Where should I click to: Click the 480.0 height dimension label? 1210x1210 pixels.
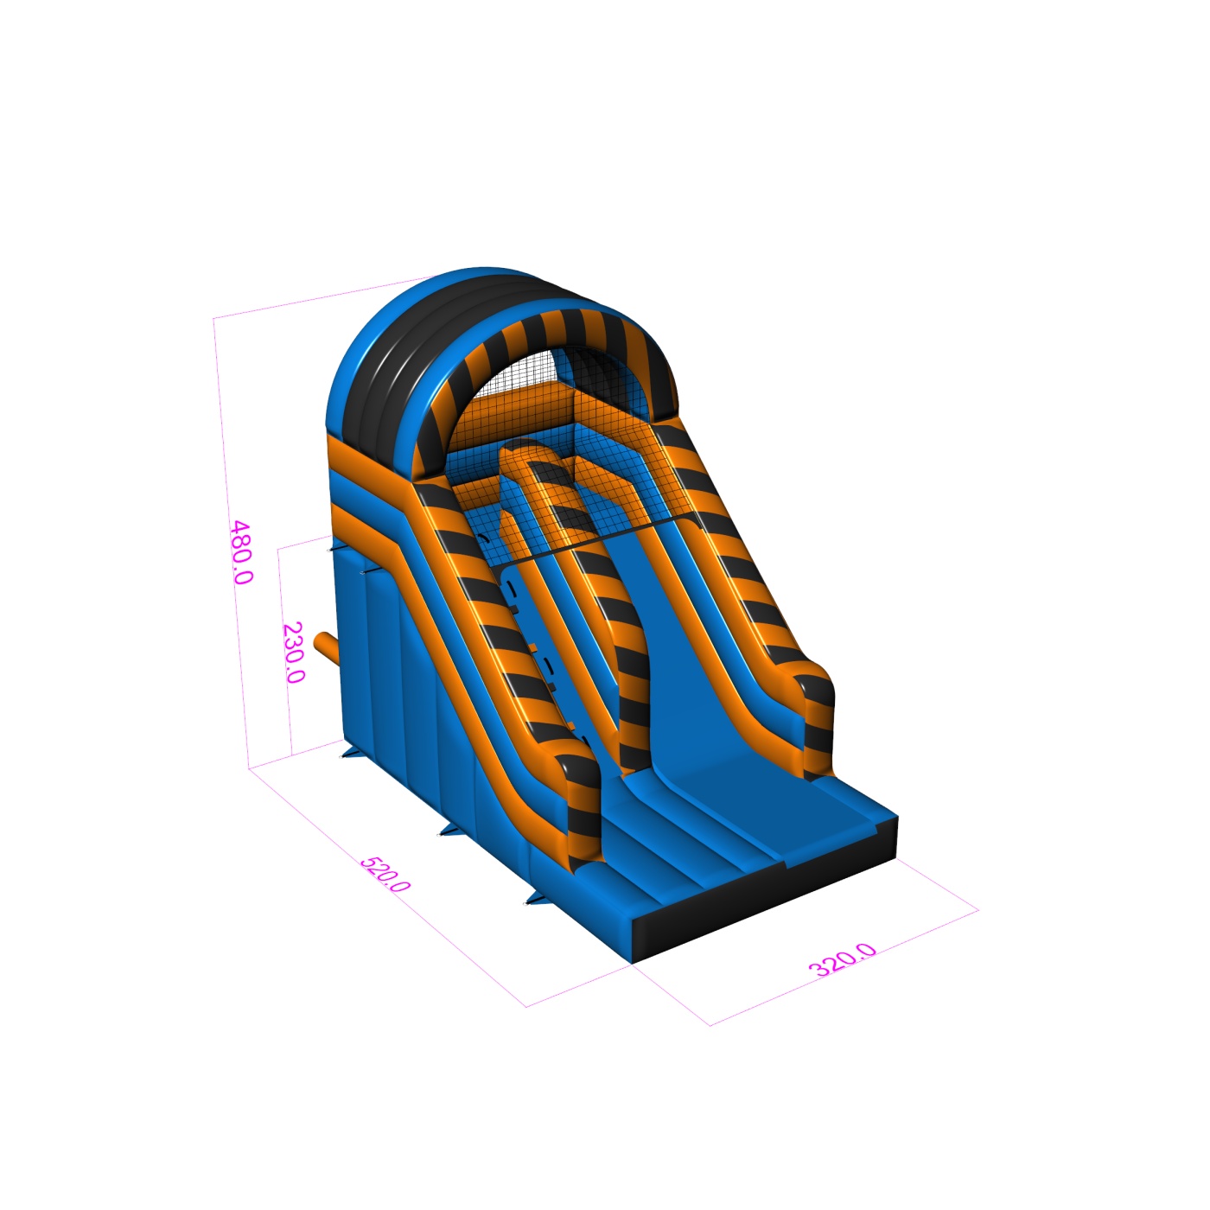[x=242, y=552]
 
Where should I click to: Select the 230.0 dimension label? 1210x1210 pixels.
[x=293, y=653]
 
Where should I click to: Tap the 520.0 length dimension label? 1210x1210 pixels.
[x=385, y=874]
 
